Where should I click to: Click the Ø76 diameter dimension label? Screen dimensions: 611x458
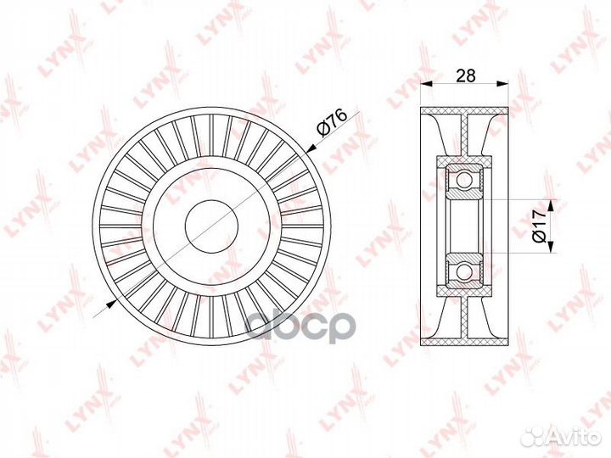(332, 122)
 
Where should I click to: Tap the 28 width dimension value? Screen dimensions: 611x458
(466, 75)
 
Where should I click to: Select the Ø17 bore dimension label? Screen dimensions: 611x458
(540, 226)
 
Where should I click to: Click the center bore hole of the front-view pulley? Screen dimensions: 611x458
(211, 226)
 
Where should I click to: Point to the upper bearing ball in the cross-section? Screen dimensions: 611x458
(463, 180)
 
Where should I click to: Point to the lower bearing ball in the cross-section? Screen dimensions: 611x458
(463, 271)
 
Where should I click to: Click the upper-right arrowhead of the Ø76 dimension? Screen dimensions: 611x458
(311, 148)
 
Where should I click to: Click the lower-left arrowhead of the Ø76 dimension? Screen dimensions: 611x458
(111, 304)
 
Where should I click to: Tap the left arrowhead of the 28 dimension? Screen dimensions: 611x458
(426, 83)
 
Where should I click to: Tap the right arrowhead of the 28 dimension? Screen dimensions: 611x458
(503, 83)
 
